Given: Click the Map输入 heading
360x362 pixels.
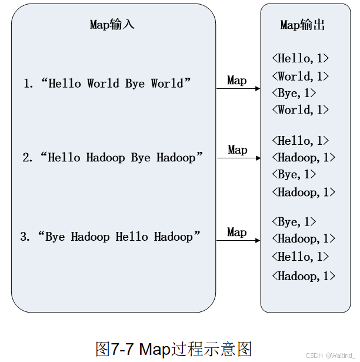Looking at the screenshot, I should [112, 24].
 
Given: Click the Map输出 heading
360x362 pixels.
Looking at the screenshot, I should [302, 24].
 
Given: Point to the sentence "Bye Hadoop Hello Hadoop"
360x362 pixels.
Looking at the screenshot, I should [119, 237].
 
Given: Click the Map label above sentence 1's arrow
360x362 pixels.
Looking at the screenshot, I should [237, 80].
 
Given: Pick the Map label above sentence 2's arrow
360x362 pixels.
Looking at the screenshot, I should [237, 150].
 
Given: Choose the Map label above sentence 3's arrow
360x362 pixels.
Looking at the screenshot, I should [237, 233].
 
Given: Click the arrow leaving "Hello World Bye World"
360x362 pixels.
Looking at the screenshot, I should [238, 89].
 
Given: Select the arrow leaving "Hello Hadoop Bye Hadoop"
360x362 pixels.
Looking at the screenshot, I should [238, 158].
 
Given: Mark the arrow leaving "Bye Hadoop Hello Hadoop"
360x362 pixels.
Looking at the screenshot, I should [238, 240].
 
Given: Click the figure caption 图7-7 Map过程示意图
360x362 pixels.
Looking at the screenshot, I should [174, 348].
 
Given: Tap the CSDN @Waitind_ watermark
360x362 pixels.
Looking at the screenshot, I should [331, 356].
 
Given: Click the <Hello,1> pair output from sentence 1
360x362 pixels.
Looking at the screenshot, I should [300, 58].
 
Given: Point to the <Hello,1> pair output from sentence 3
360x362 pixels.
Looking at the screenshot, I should [300, 257].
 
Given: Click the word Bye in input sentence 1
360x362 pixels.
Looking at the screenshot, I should [135, 84].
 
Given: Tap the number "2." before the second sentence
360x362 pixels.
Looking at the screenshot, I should [28, 158].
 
